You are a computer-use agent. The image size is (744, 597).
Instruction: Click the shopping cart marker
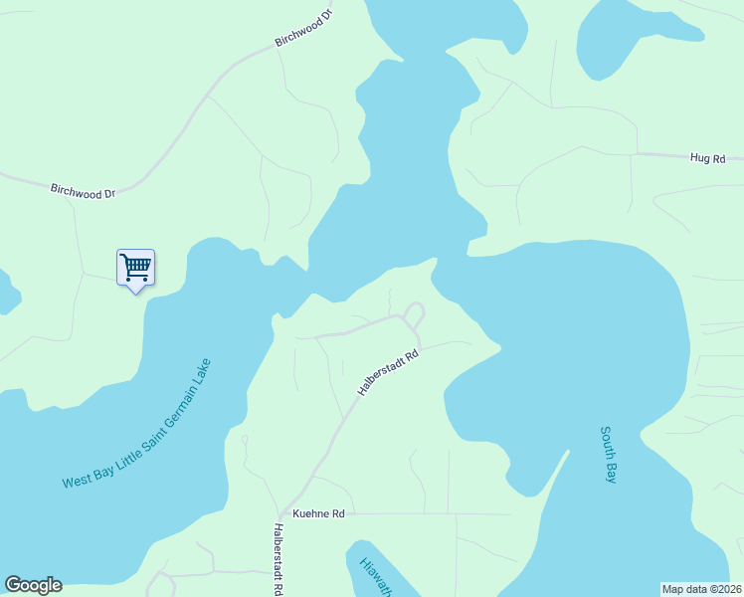(x=135, y=267)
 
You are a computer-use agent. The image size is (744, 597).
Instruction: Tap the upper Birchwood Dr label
(x=302, y=31)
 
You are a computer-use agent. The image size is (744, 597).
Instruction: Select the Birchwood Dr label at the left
(x=84, y=190)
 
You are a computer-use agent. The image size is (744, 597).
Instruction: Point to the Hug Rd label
(x=708, y=158)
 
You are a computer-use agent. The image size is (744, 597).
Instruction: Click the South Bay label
(x=609, y=455)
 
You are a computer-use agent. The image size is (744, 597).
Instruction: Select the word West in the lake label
(x=76, y=481)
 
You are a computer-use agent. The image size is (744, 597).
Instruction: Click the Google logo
(x=33, y=585)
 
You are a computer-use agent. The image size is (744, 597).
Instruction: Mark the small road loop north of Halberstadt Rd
(x=415, y=315)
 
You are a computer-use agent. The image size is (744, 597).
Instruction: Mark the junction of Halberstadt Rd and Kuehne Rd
(x=285, y=513)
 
